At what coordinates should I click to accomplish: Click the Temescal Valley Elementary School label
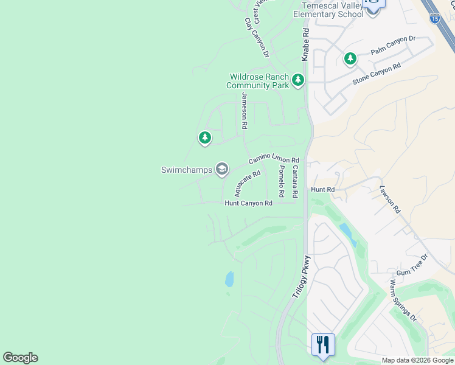tap(328, 9)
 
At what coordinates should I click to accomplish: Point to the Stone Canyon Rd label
tap(377, 74)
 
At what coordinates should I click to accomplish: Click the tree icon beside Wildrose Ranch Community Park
tap(297, 80)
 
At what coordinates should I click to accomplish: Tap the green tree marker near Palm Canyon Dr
tap(350, 58)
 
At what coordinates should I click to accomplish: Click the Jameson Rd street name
tap(245, 110)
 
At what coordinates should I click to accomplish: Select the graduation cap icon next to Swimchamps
tap(222, 169)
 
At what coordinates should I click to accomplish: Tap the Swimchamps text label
tap(186, 170)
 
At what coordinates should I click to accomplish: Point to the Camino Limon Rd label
tap(273, 160)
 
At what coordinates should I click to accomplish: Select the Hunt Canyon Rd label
tap(248, 203)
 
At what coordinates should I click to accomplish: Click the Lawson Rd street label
tap(390, 199)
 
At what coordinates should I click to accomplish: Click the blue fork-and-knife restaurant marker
tap(323, 344)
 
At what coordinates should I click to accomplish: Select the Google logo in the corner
tap(20, 358)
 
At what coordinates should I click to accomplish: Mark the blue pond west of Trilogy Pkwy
tap(229, 279)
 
